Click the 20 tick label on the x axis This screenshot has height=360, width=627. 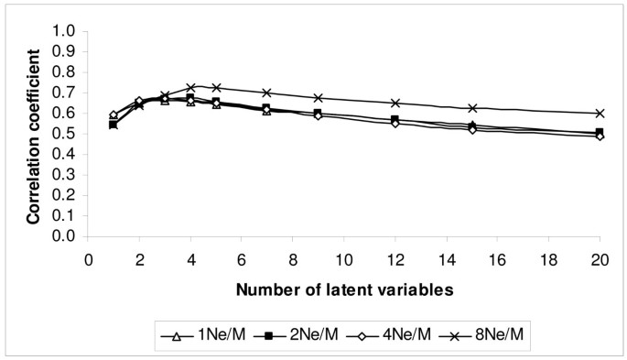coord(600,258)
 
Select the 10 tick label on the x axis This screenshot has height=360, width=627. coord(343,258)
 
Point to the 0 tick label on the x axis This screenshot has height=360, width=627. coord(88,258)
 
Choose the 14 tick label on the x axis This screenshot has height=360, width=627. coord(446,258)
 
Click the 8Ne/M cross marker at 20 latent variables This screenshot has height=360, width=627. coord(600,113)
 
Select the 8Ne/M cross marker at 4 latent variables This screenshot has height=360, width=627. coord(190,87)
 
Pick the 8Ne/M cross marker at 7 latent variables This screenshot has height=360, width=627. coord(266,93)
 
